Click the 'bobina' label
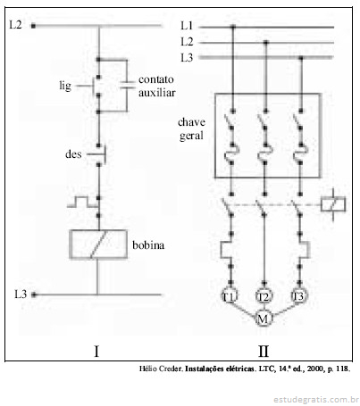(x=148, y=245)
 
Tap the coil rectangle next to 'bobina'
(x=70, y=244)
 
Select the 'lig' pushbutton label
(x=65, y=86)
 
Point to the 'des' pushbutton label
(x=73, y=154)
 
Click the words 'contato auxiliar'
(x=156, y=86)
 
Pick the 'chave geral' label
(x=191, y=128)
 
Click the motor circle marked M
(x=263, y=319)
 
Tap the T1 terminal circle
(x=230, y=296)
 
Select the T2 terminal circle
(x=264, y=296)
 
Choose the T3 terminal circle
(x=298, y=295)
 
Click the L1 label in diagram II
(x=187, y=26)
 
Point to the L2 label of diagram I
(x=15, y=25)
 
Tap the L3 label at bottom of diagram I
(x=21, y=294)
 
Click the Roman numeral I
(x=96, y=352)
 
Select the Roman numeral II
(x=264, y=352)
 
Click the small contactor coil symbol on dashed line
(x=333, y=204)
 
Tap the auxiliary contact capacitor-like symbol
(x=128, y=85)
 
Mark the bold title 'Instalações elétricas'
(x=220, y=369)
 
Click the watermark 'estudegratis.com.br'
(x=316, y=399)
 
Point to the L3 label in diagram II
(x=187, y=57)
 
